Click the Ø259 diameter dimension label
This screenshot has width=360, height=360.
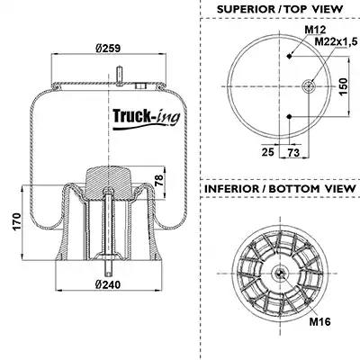click(108, 48)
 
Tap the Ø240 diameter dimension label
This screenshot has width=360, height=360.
click(108, 284)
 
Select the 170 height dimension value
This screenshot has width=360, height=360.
click(17, 221)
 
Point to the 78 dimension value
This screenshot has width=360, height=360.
click(159, 180)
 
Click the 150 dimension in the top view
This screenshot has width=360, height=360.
click(344, 86)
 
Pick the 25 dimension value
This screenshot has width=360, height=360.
click(268, 152)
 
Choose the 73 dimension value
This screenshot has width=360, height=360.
click(293, 153)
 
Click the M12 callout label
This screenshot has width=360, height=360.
click(315, 30)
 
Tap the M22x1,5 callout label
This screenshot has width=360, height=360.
click(336, 42)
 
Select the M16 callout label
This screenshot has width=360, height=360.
click(319, 322)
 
